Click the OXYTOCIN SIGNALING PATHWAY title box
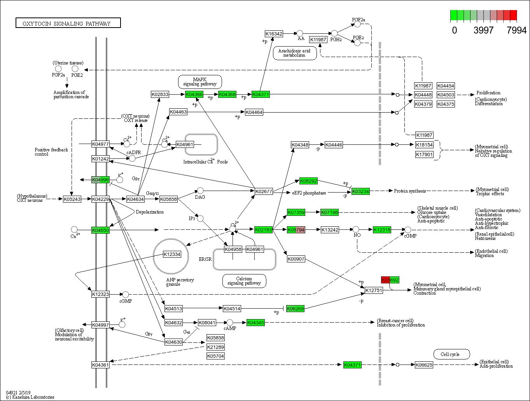pos(68,23)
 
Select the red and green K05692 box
pos(390,280)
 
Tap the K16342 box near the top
pos(274,34)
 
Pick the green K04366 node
pos(194,94)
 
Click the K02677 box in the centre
pos(264,191)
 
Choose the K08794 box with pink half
pos(296,230)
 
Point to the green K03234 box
pos(360,191)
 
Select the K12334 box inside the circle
pos(172,254)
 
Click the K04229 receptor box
pos(100,199)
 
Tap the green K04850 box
pos(100,230)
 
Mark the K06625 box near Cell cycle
pos(423,365)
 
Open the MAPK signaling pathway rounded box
pos(200,82)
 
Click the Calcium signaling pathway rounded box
pos(244,281)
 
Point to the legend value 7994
pos(516,30)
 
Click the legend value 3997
pos(483,30)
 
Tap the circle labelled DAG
pos(200,191)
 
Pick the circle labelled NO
pos(356,229)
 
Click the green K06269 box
pos(295,309)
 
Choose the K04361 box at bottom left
pos(100,365)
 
